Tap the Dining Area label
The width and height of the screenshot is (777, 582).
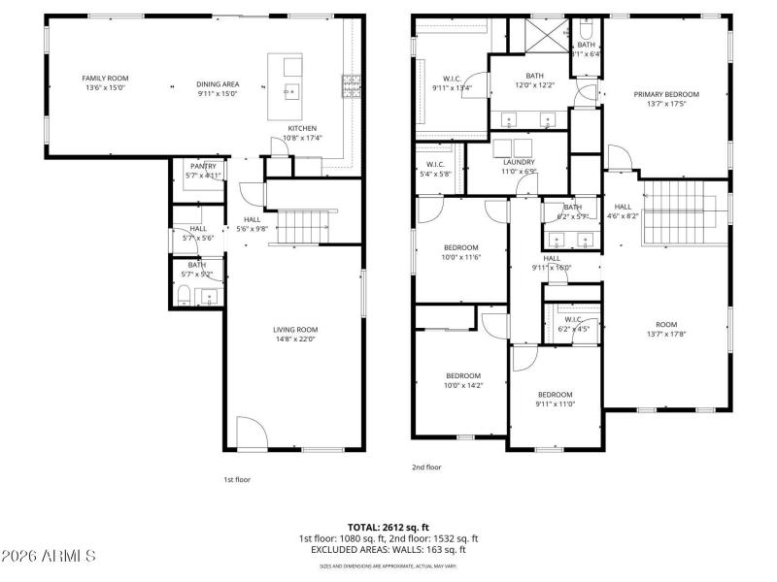(x=219, y=84)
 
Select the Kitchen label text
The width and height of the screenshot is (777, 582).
(x=301, y=129)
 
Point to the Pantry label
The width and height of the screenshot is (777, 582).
(x=203, y=166)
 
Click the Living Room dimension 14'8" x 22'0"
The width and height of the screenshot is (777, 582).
(x=294, y=339)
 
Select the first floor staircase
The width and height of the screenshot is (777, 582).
(x=302, y=226)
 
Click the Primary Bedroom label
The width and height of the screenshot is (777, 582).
(x=666, y=94)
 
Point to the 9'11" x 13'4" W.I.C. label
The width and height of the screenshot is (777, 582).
(x=452, y=79)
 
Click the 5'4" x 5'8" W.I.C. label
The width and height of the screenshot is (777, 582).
(x=434, y=164)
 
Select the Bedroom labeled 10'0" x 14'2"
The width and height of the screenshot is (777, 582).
(x=463, y=375)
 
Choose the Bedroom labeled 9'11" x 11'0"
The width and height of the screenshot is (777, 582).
(x=556, y=394)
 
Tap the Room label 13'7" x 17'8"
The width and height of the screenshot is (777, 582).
(x=666, y=325)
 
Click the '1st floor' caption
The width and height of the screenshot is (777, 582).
(x=237, y=478)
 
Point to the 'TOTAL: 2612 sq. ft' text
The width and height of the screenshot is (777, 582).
(x=388, y=527)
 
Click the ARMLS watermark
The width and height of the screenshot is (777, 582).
(x=49, y=556)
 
